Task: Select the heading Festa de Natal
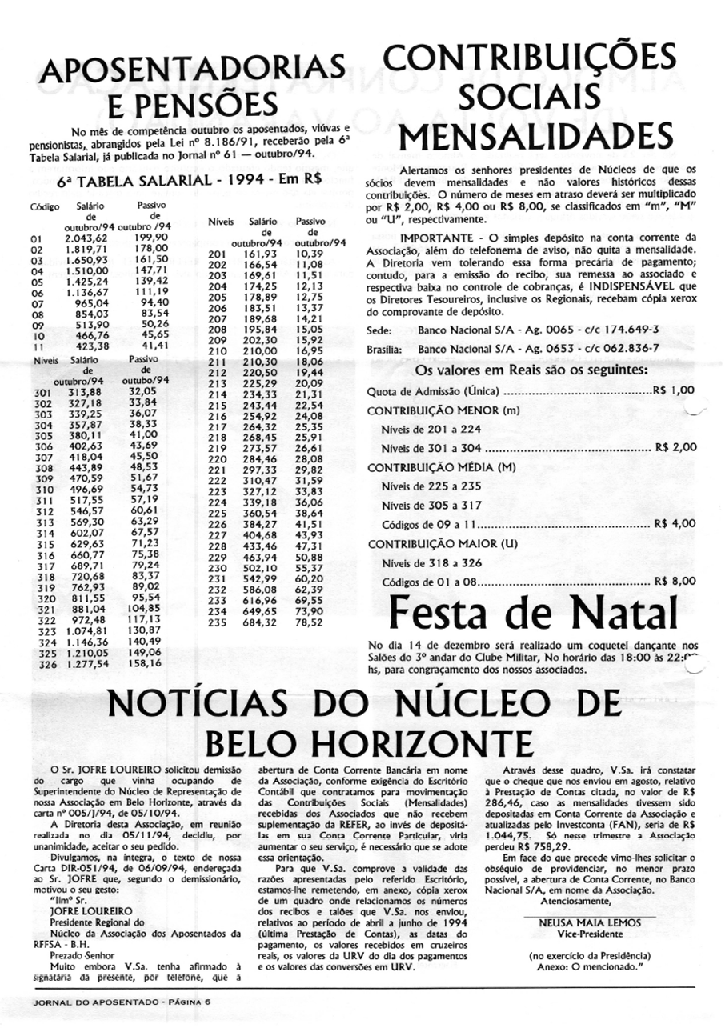point(531,614)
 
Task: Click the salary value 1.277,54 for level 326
point(85,663)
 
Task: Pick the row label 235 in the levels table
point(218,622)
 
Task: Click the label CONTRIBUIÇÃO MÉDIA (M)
point(441,466)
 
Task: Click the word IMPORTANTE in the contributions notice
point(437,238)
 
